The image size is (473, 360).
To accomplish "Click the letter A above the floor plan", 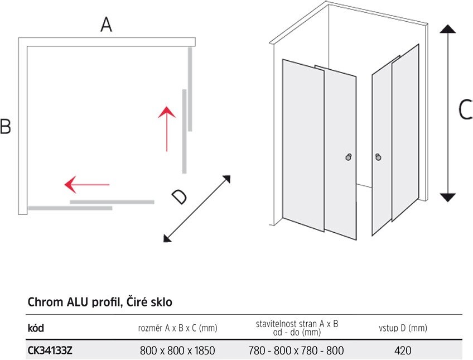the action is (106, 25).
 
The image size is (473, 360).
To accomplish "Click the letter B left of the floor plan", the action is (6, 126).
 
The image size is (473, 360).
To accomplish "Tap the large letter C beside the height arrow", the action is (465, 109).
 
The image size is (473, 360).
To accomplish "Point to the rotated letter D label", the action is (179, 197).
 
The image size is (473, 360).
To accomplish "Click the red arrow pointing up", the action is (167, 129).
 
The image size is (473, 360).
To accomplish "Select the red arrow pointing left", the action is (87, 184).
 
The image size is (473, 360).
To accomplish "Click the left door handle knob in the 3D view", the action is (349, 157).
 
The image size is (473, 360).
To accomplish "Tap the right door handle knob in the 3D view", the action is (378, 157).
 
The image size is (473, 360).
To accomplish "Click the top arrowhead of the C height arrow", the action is (448, 29).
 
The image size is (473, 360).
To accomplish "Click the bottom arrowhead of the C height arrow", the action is (448, 198).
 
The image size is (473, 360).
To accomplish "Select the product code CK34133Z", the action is (50, 351).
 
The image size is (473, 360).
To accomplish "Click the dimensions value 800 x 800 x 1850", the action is (177, 351).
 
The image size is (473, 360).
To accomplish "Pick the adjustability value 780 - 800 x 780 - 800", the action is (296, 351).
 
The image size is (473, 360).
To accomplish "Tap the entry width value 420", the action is (403, 351).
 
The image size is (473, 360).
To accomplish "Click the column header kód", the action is (36, 328).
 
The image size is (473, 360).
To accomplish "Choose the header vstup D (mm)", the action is (403, 328).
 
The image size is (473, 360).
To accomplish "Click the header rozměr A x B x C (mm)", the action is (178, 328).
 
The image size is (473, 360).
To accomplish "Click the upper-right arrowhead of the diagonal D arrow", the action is (227, 179).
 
